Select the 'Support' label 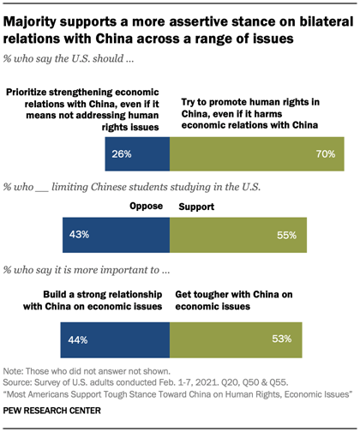(195, 207)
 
